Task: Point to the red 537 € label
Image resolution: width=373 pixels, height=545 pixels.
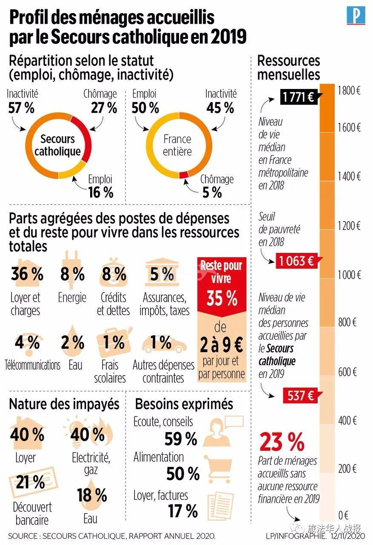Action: click(x=299, y=396)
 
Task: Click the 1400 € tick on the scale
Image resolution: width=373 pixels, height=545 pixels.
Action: click(x=349, y=176)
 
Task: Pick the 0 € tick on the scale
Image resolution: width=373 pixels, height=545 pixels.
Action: click(x=343, y=514)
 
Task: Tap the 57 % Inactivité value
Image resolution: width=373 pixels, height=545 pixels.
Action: click(x=21, y=108)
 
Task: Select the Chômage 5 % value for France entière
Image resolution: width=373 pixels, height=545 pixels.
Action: click(x=212, y=192)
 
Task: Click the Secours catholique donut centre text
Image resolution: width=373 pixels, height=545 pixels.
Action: click(x=57, y=145)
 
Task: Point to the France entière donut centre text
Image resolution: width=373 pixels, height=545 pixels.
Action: click(x=177, y=145)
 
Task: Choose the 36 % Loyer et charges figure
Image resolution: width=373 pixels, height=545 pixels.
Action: click(x=27, y=274)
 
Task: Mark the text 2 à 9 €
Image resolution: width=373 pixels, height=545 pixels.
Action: click(x=222, y=346)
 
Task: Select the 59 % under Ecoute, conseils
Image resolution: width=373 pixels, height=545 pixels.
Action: click(x=181, y=438)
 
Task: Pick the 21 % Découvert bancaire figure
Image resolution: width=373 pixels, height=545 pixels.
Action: click(x=30, y=482)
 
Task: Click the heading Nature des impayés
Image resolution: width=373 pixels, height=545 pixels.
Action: click(x=64, y=404)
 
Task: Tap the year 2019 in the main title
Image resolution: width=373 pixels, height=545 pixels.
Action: click(x=228, y=37)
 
